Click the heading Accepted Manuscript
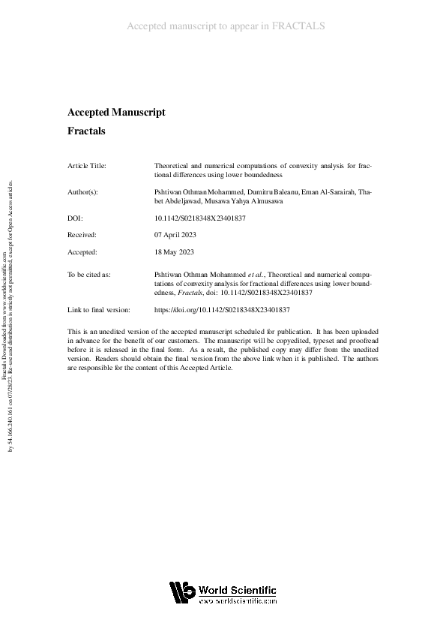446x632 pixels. (116, 113)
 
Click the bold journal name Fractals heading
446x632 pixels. (86, 131)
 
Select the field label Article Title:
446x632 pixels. (87, 165)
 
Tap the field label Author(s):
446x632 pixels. (83, 192)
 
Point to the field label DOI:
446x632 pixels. (75, 218)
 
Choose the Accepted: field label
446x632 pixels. (82, 253)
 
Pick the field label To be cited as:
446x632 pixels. (88, 275)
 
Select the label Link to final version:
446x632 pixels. (99, 309)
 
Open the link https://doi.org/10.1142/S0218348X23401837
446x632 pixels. (222, 309)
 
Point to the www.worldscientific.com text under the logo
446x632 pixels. (238, 601)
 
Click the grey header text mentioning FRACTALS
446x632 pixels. (226, 26)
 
